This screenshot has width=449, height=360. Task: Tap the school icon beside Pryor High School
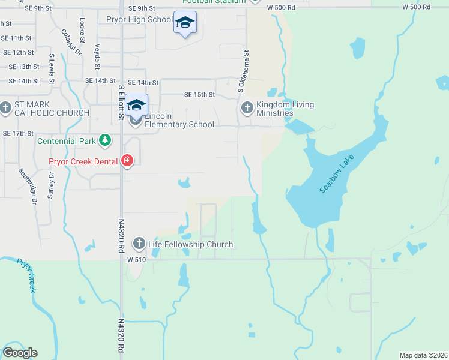click(185, 23)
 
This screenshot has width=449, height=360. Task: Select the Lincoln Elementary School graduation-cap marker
click(136, 105)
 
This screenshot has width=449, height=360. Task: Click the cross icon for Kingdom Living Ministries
click(247, 109)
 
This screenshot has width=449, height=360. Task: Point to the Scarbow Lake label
click(337, 174)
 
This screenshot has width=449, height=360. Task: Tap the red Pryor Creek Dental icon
click(127, 161)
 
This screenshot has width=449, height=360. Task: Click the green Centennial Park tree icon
click(106, 140)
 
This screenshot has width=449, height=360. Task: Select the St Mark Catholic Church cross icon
click(6, 109)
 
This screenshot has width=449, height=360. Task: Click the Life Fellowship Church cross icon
click(139, 244)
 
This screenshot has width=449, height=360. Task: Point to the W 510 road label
click(137, 259)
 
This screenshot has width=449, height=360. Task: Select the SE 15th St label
click(199, 95)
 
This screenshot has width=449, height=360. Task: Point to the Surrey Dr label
click(51, 185)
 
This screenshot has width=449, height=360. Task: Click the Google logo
click(20, 353)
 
